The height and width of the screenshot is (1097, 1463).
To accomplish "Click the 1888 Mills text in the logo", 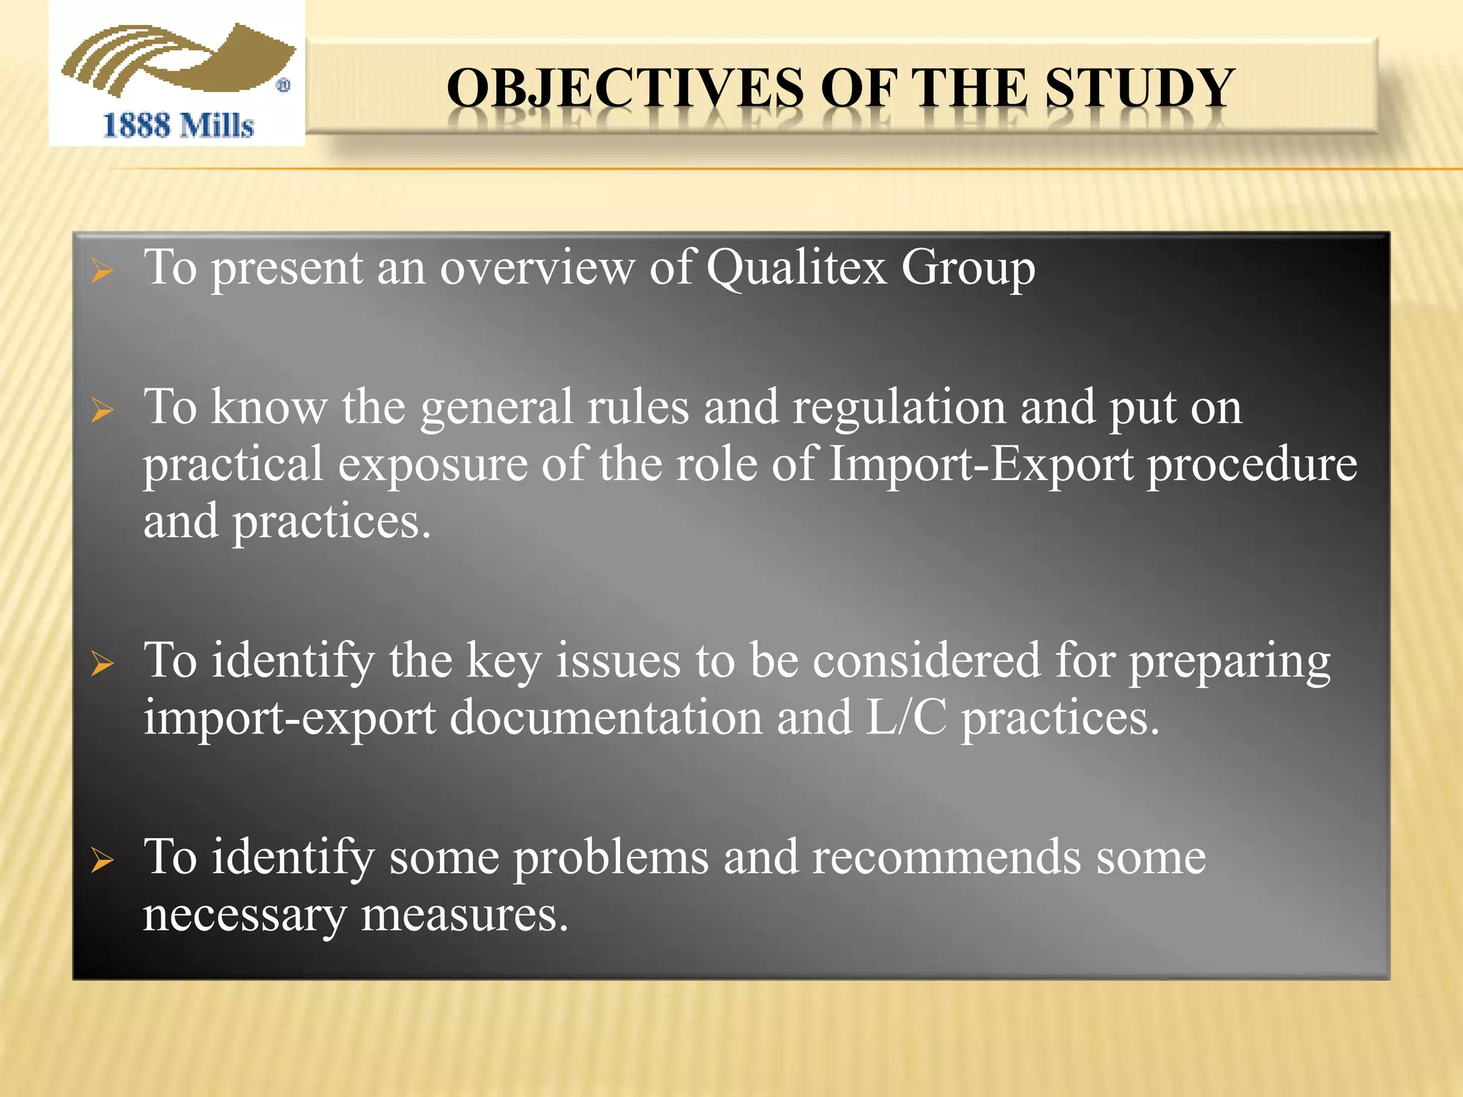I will (x=179, y=126).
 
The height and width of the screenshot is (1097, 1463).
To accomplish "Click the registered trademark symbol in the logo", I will (x=284, y=86).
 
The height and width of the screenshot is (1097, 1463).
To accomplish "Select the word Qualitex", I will (x=797, y=268).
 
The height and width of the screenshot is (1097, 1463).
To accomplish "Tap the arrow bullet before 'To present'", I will (x=103, y=271).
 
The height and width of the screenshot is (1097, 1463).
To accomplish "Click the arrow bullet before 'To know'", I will (x=103, y=411).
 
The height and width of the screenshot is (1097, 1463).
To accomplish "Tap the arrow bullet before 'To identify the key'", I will (x=103, y=664).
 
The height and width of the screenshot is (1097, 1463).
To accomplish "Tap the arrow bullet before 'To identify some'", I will (x=103, y=861).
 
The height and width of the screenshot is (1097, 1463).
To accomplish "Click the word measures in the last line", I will (x=464, y=915).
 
